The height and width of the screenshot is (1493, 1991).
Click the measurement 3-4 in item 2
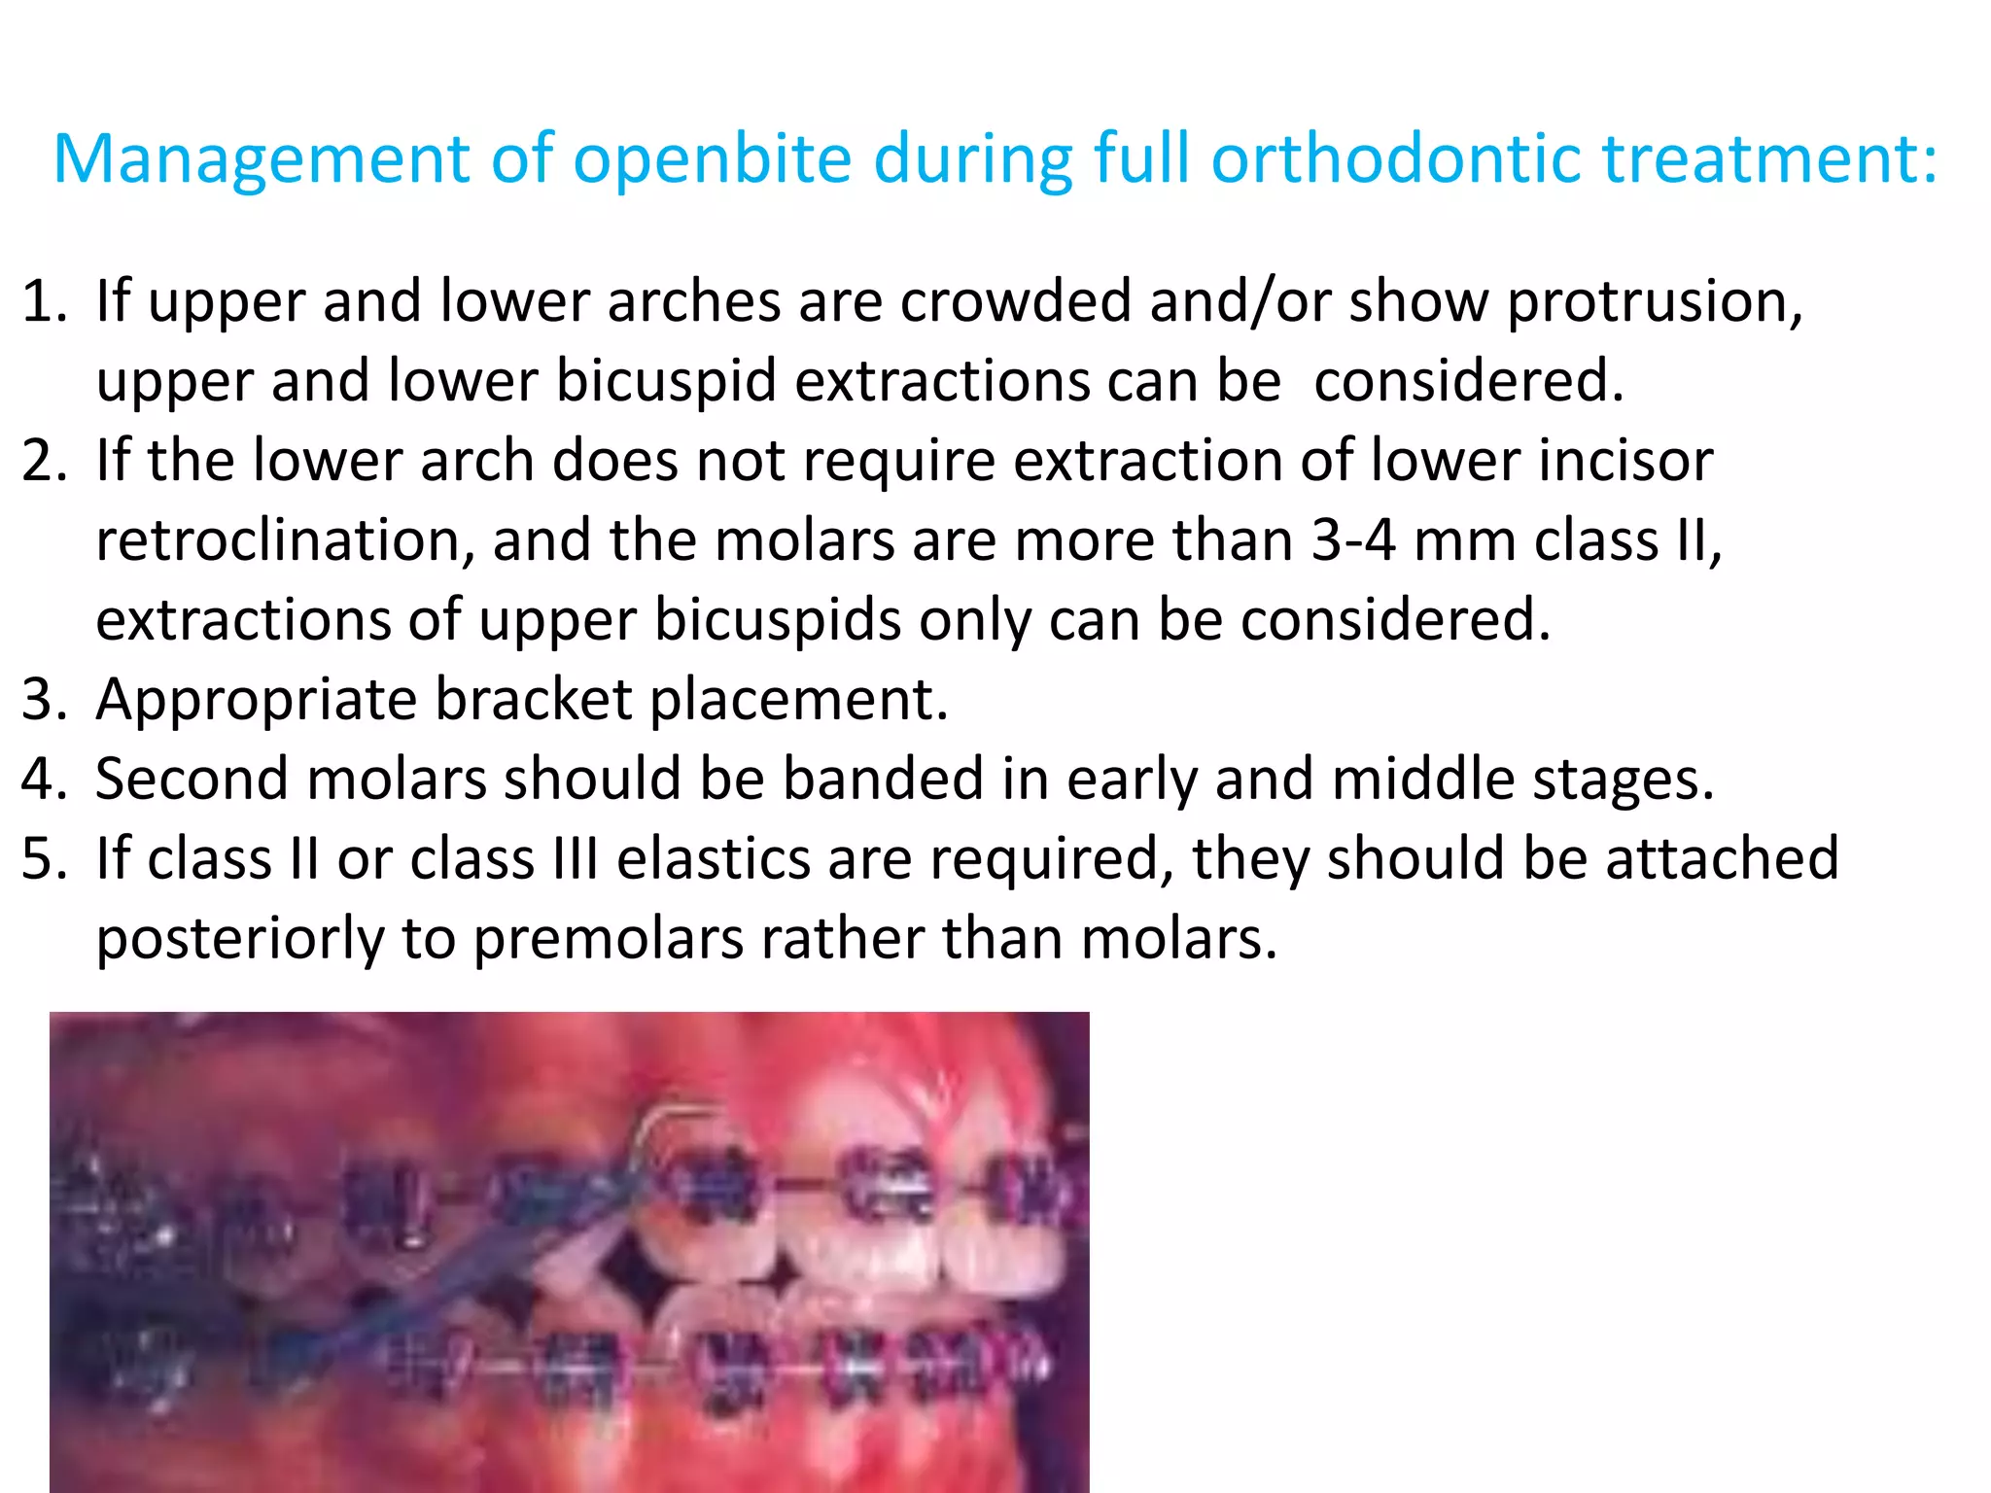[1353, 539]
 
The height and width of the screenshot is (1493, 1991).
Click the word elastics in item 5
[714, 858]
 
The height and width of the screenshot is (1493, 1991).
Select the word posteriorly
[240, 940]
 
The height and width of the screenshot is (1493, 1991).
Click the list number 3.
[45, 699]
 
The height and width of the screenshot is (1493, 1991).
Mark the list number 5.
[45, 858]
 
